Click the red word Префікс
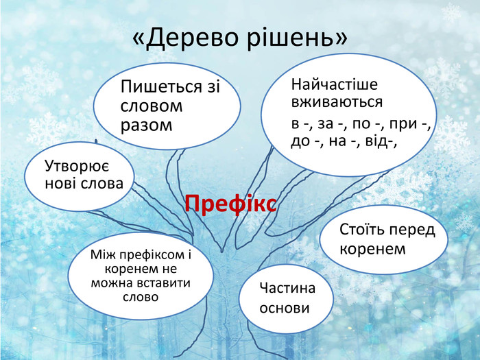pyautogui.click(x=231, y=204)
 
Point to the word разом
pyautogui.click(x=145, y=125)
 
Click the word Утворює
pyautogui.click(x=78, y=166)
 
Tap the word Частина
pyautogui.click(x=287, y=288)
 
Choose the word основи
pyautogui.click(x=284, y=308)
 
